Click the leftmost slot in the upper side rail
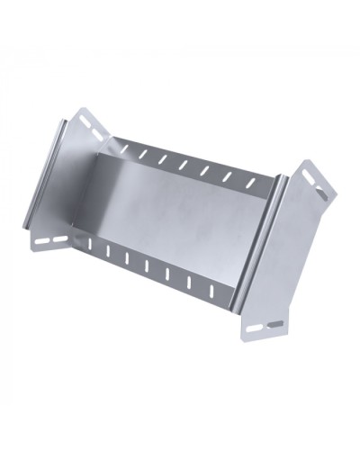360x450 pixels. (x=123, y=148)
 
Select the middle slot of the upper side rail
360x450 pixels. (x=184, y=164)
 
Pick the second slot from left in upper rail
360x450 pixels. (x=143, y=153)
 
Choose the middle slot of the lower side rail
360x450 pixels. (x=147, y=265)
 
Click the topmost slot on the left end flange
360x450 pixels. (x=85, y=120)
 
